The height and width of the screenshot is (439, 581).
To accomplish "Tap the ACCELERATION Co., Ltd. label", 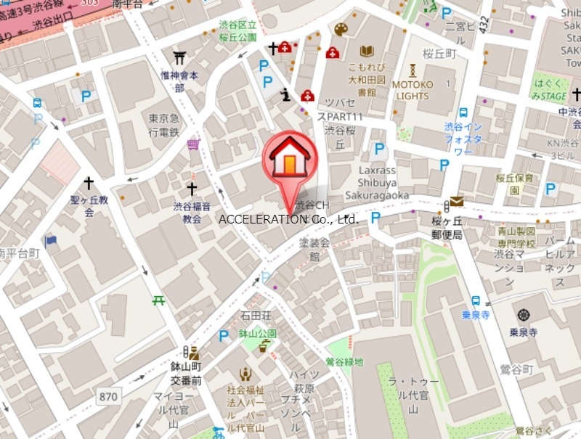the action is click(289, 218).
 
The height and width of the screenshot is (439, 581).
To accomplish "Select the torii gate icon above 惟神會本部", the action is click(179, 57).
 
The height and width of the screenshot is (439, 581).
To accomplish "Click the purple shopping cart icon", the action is click(193, 144).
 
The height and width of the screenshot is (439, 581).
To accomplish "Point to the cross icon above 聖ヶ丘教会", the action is click(89, 184).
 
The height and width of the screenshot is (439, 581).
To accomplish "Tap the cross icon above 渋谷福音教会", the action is click(192, 189).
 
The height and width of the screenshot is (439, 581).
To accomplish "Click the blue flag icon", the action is click(50, 240).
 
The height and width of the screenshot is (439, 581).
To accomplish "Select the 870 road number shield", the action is click(108, 396).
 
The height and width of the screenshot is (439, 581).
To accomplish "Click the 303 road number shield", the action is click(89, 3).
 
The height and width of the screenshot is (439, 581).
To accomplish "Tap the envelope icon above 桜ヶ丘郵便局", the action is click(456, 201).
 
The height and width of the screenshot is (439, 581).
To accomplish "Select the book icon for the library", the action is click(367, 52).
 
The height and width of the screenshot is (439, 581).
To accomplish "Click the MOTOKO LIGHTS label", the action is click(412, 90).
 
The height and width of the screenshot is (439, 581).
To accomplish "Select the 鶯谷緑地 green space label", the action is click(344, 361).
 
